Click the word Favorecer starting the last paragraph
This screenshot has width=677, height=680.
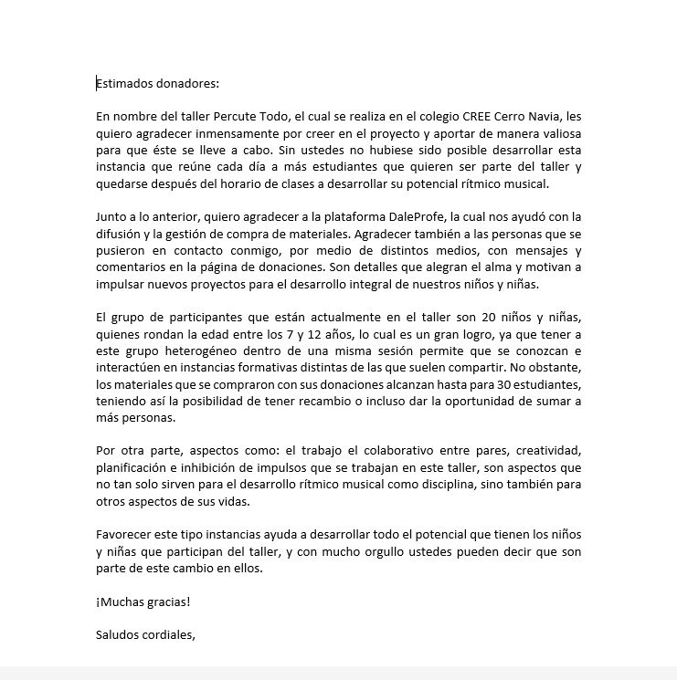coord(125,535)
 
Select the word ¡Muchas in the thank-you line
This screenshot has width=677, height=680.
coord(121,602)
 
